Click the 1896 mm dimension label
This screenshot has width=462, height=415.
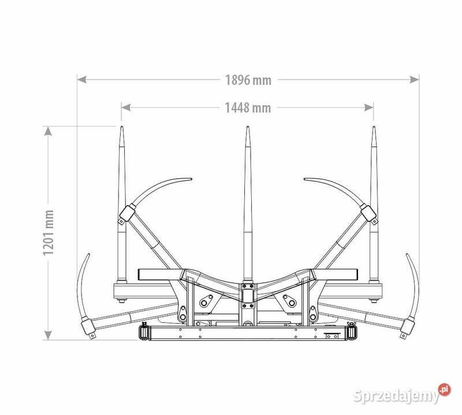[248, 80]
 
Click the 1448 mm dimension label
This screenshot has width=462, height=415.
[248, 108]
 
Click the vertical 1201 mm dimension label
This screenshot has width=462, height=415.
[49, 233]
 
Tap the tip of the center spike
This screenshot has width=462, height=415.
[248, 127]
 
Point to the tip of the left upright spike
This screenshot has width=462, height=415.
[122, 127]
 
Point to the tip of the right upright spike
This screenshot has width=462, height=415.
[374, 127]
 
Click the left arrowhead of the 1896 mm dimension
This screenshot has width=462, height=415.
[81, 80]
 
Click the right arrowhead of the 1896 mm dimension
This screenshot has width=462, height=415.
[414, 80]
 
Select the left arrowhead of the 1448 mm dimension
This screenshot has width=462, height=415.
[126, 108]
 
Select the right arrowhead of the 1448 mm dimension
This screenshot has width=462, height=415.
[369, 108]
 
